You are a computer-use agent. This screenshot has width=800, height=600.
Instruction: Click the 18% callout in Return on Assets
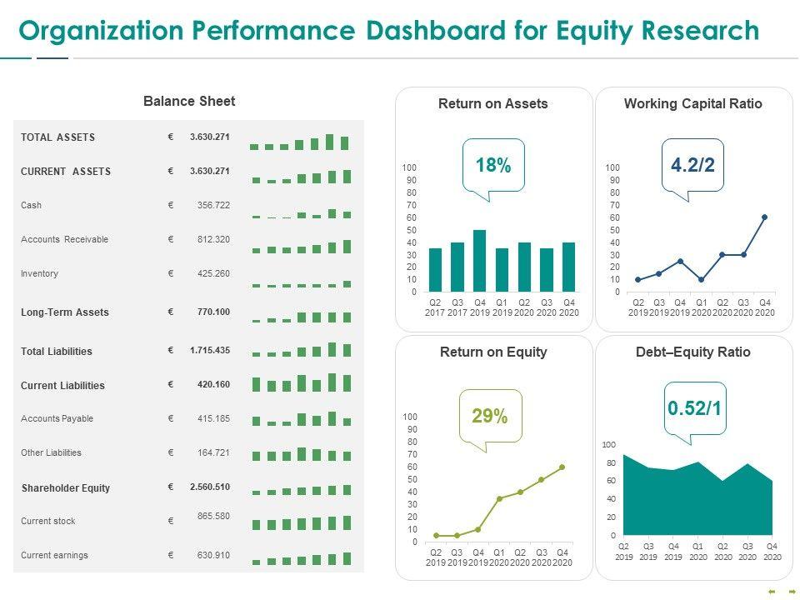tap(492, 166)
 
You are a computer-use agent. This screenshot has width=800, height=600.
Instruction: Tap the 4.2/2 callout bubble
tap(692, 166)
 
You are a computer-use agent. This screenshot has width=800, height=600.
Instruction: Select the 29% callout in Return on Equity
tap(490, 416)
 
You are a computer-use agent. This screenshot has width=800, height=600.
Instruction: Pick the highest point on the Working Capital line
tap(764, 217)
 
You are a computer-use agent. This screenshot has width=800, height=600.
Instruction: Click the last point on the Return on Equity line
tap(562, 467)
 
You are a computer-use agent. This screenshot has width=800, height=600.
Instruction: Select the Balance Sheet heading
tap(189, 102)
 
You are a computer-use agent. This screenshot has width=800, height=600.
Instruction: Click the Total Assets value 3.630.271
tap(209, 137)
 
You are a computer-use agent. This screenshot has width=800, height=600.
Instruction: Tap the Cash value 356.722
tap(212, 205)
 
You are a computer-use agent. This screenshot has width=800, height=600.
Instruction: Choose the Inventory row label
tap(40, 273)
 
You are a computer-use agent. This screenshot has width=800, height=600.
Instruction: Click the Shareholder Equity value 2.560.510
tap(209, 487)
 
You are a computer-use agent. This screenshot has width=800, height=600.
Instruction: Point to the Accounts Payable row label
tap(57, 418)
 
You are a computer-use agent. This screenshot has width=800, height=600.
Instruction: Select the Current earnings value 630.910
tap(212, 555)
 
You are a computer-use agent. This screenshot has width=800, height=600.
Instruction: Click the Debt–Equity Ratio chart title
tap(692, 352)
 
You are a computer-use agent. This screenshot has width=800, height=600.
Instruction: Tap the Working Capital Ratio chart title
tap(692, 104)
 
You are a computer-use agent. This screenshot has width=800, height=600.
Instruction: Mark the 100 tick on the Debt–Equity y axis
tap(609, 445)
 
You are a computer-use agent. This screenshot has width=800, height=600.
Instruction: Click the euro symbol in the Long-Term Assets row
tap(171, 312)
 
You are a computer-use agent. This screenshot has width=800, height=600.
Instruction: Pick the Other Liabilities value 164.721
tap(212, 452)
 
